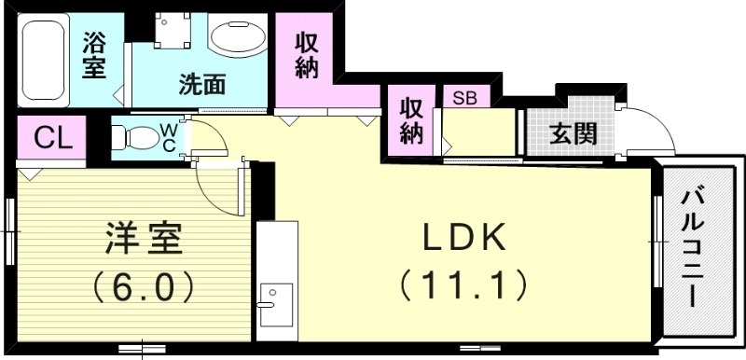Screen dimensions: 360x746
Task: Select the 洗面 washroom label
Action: click(202, 85)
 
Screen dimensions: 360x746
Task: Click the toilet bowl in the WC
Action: click(138, 137)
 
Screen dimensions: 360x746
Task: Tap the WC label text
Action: click(171, 137)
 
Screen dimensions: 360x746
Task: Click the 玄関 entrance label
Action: click(572, 133)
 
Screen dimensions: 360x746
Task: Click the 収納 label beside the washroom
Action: click(309, 55)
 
